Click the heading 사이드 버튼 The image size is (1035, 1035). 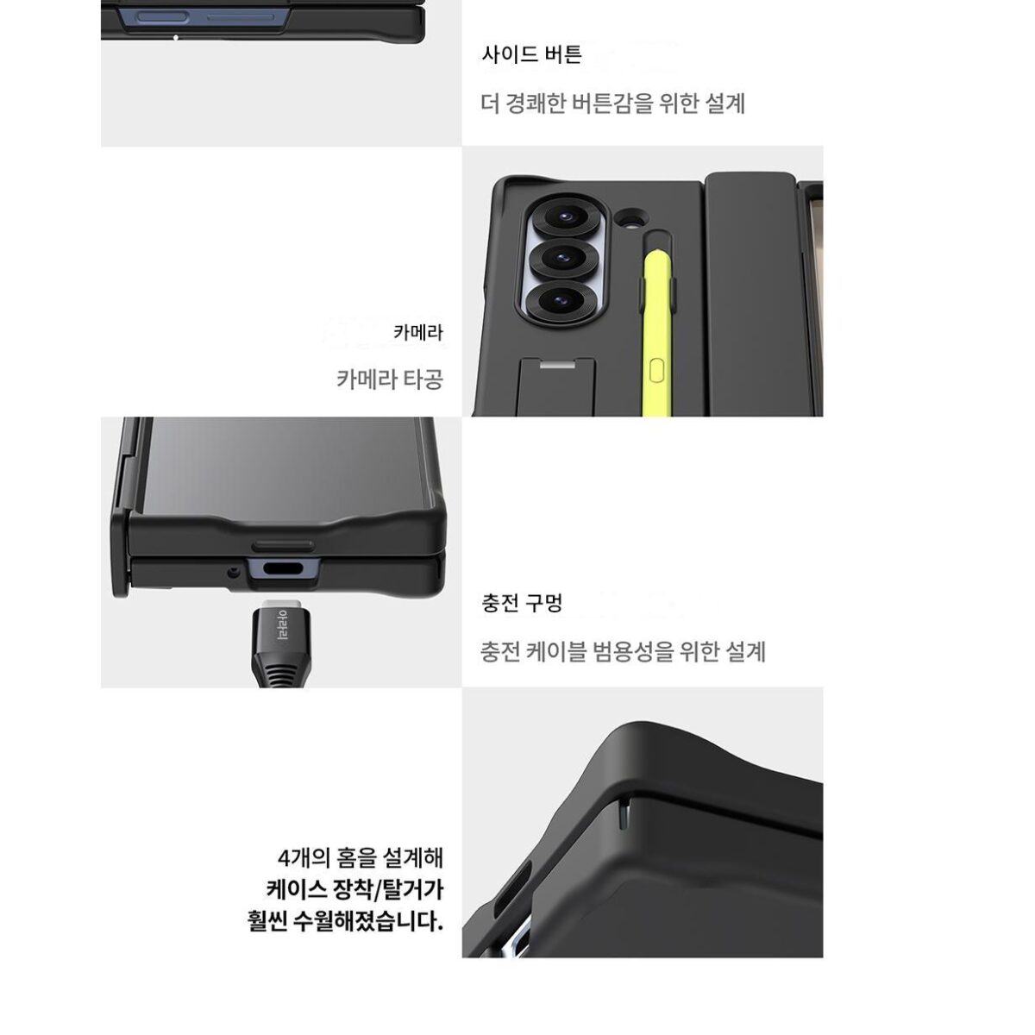[531, 54]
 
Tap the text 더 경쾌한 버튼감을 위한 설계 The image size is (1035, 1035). [613, 103]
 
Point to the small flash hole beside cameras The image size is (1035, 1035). [630, 217]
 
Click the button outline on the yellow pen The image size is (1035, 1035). [657, 371]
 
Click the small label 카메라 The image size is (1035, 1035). [418, 332]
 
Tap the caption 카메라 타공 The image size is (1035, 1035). [390, 379]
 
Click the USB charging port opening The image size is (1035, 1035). [284, 570]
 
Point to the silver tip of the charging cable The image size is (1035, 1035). [280, 600]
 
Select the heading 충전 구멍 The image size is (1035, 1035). [522, 603]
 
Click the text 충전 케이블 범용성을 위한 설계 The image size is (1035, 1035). [623, 651]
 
